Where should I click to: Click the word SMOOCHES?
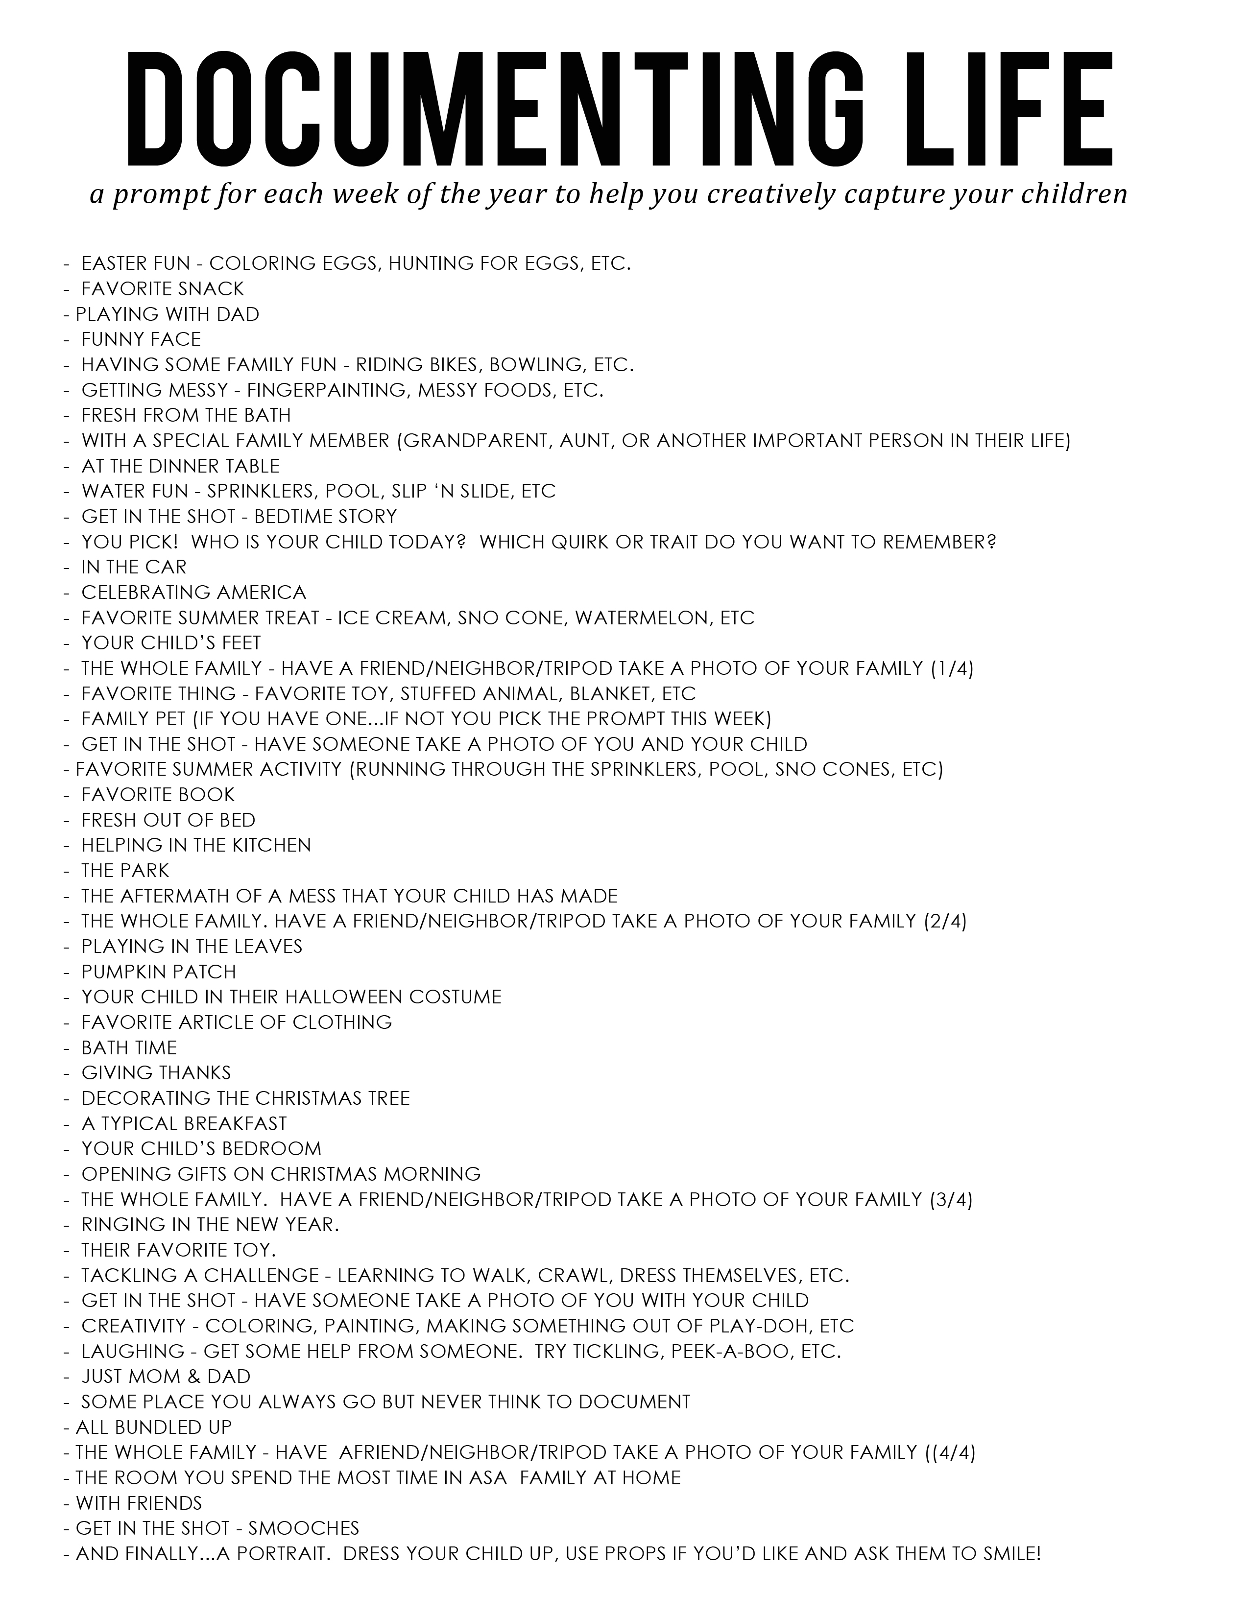tap(303, 1528)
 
